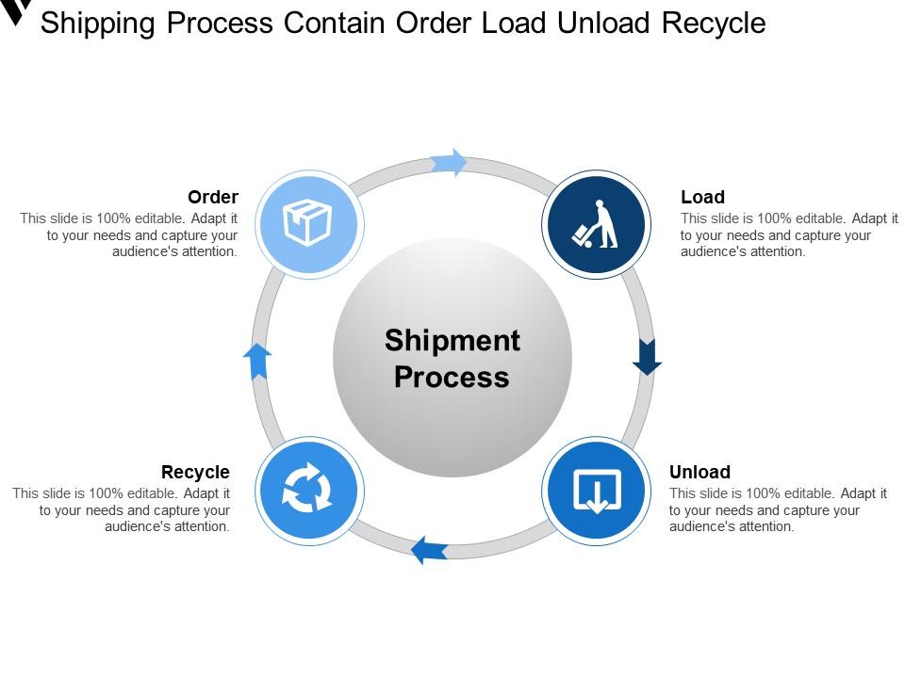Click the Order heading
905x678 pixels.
pos(213,197)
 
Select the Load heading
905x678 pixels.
pos(702,197)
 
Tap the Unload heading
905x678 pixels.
pos(699,472)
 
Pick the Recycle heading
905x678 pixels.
pos(195,472)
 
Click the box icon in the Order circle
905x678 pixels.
pos(307,223)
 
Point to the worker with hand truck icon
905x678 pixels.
pos(596,225)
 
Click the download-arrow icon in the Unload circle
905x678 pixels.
pos(596,491)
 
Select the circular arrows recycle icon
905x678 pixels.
pos(307,491)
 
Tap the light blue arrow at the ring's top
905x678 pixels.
pos(450,162)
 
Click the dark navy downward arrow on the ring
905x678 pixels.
pos(647,355)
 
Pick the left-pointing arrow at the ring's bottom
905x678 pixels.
pos(430,548)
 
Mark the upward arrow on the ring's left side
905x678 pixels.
pos(257,361)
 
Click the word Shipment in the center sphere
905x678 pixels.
pos(452,340)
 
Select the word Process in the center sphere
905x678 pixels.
pos(452,377)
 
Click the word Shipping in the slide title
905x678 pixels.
pos(99,23)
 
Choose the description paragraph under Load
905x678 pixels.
pos(789,234)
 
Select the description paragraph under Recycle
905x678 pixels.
pos(123,509)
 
